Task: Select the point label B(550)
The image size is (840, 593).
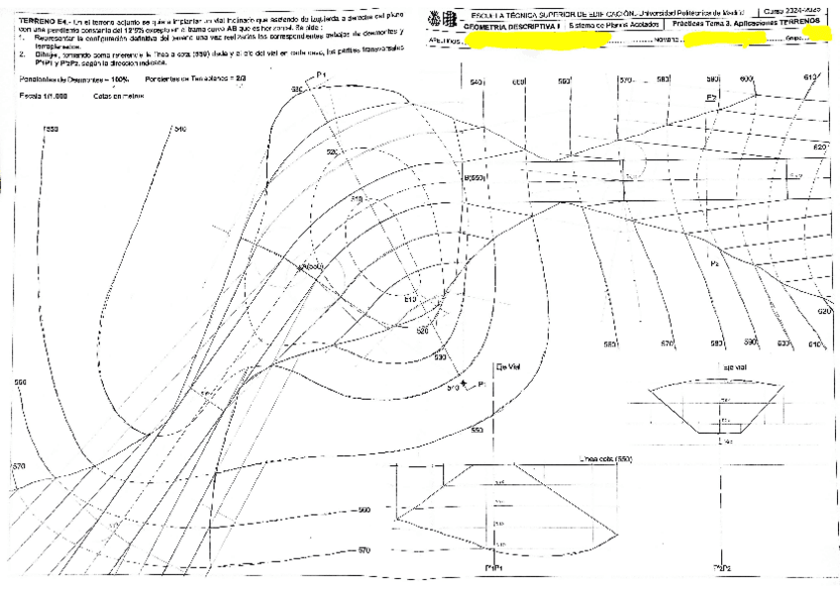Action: point(472,177)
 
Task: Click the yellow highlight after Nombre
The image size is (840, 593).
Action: point(727,39)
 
